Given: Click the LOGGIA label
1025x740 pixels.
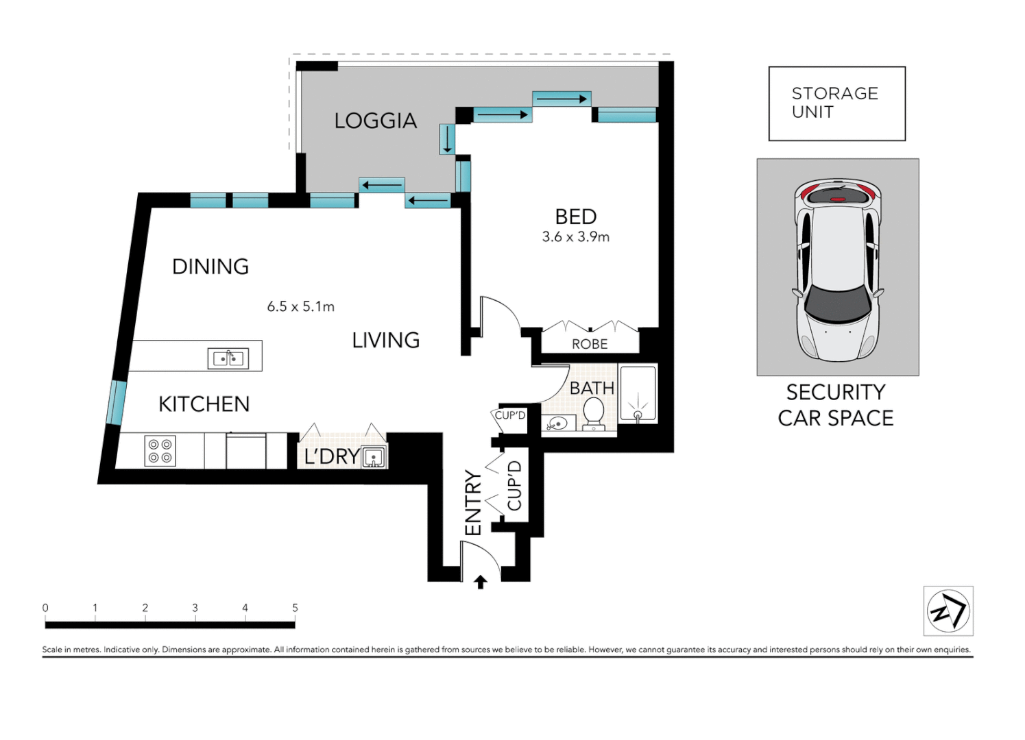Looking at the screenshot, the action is [376, 121].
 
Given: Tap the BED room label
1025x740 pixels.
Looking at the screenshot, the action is [576, 217].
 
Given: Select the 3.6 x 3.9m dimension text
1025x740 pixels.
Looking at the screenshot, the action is [576, 237].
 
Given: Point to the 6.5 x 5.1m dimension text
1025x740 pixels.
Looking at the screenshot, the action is [300, 306].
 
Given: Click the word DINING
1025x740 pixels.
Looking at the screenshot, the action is [210, 267].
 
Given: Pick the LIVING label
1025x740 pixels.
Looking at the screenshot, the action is [386, 341].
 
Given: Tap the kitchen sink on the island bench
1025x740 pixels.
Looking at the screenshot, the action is [228, 358].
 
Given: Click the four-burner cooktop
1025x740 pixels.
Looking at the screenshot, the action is [160, 450].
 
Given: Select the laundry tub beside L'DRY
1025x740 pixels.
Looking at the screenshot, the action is [374, 457].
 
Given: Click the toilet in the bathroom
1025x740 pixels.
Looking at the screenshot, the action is [594, 413].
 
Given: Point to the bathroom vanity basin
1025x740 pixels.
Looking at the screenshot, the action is [558, 423].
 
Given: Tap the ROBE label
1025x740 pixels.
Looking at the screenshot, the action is [590, 344].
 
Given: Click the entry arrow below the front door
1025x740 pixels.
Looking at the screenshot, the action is [480, 582].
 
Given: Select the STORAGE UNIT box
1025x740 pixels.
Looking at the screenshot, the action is [837, 104].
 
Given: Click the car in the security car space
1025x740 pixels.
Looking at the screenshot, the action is [838, 270].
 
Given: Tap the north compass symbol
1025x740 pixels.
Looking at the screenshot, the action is [948, 611].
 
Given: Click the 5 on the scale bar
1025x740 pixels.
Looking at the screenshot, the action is [295, 608].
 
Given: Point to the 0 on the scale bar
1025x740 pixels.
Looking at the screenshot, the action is [45, 608].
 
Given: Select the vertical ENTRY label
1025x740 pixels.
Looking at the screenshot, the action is [474, 503].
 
